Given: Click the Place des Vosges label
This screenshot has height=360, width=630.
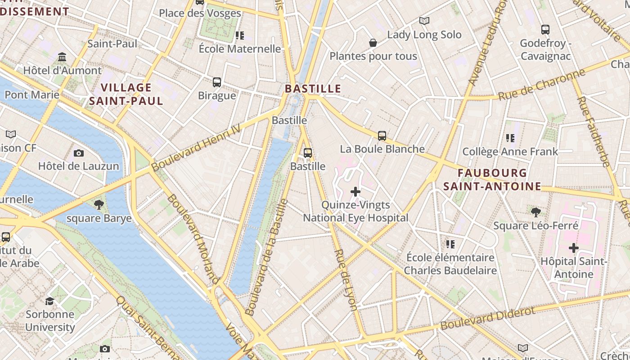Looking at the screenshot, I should (x=200, y=13).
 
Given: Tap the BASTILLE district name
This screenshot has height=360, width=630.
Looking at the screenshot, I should (x=313, y=89).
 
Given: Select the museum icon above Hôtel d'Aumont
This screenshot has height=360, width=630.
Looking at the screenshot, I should (x=62, y=57).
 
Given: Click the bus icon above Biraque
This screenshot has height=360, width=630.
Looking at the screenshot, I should (x=217, y=82).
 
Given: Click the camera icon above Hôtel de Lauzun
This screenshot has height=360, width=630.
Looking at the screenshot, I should (x=79, y=153).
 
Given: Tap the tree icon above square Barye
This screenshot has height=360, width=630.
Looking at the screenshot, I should (x=99, y=205).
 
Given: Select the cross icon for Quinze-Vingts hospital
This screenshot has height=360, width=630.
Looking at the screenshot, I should (x=355, y=192).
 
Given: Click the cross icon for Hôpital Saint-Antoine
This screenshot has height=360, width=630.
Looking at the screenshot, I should (x=573, y=248).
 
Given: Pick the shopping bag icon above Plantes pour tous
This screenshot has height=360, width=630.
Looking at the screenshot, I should (x=373, y=43).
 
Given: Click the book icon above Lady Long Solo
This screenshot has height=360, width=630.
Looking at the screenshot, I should (x=424, y=21).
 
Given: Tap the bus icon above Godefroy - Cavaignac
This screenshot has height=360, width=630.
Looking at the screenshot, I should (x=545, y=30).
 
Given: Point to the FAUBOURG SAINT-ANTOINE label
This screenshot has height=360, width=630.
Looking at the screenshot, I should (x=492, y=180).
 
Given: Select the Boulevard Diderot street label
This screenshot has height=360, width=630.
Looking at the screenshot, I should (x=488, y=318).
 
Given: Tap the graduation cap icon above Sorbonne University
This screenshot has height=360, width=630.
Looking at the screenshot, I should (x=49, y=301).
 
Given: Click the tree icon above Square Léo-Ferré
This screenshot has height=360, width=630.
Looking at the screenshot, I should (x=535, y=212).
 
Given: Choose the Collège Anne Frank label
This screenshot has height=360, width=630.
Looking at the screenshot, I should (x=510, y=152).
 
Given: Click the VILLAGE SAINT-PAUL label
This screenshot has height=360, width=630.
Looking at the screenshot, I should (x=126, y=94).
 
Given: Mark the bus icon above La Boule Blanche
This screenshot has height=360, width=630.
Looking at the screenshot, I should (x=382, y=135).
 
